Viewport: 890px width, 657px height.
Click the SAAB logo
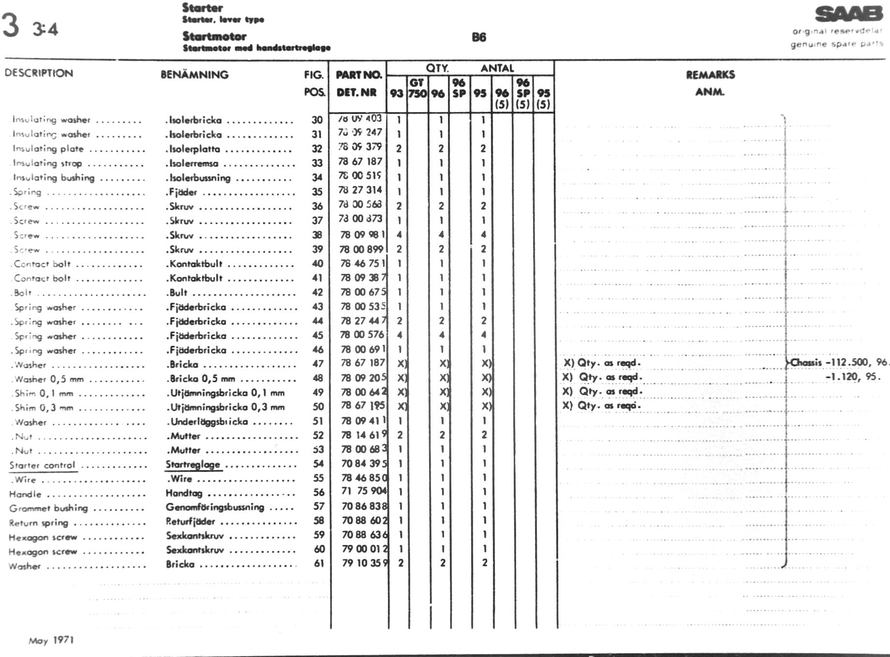[x=849, y=14]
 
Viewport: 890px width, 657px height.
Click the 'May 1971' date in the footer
[x=51, y=641]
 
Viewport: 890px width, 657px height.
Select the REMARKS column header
[x=710, y=75]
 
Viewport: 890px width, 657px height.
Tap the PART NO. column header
[x=358, y=75]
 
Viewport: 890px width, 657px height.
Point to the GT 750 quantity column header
[x=417, y=88]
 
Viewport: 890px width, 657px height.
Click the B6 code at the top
[x=478, y=37]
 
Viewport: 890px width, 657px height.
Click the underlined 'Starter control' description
[x=43, y=465]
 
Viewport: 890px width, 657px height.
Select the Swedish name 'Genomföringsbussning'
[x=215, y=507]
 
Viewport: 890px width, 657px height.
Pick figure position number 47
[x=318, y=364]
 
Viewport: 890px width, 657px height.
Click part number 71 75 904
[x=364, y=491]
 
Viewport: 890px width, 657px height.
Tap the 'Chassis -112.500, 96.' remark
[x=839, y=363]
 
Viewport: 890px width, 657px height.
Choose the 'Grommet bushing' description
[x=48, y=508]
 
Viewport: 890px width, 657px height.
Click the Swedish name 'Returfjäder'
[x=190, y=522]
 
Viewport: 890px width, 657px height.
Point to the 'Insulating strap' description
[x=47, y=163]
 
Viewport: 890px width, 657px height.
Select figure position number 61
[x=319, y=563]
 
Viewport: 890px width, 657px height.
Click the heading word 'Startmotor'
[x=214, y=37]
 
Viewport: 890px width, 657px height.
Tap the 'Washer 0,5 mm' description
[x=49, y=379]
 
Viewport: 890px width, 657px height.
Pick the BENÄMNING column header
[x=194, y=75]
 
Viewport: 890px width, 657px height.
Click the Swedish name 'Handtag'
[x=184, y=493]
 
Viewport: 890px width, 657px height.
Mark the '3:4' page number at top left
[x=45, y=29]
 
